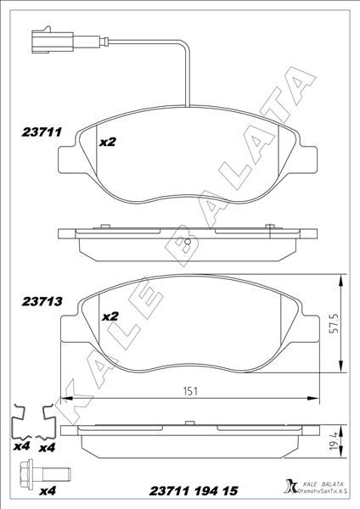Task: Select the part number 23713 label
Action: [x=37, y=300]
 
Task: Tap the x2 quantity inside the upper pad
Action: [x=107, y=143]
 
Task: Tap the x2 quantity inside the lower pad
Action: [x=110, y=316]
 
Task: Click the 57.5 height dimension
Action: [x=335, y=323]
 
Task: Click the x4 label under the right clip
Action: [x=48, y=446]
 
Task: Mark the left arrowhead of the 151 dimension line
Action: [x=68, y=398]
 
